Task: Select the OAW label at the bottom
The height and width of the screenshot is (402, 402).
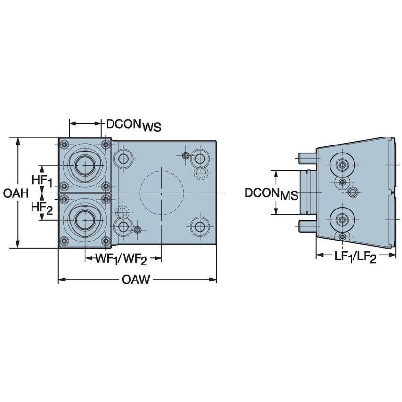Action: [136, 280]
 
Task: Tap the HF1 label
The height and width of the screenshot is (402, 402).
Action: [42, 180]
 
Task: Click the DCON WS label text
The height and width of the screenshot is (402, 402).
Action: [133, 125]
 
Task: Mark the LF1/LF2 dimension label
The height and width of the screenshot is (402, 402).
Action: [355, 257]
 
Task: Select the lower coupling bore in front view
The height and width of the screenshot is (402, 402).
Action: [85, 219]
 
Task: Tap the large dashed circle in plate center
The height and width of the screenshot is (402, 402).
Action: [161, 193]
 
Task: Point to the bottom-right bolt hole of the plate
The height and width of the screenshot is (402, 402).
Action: [201, 226]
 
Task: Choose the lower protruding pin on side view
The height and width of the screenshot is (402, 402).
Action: [307, 227]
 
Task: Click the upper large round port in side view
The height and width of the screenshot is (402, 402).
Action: [342, 164]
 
